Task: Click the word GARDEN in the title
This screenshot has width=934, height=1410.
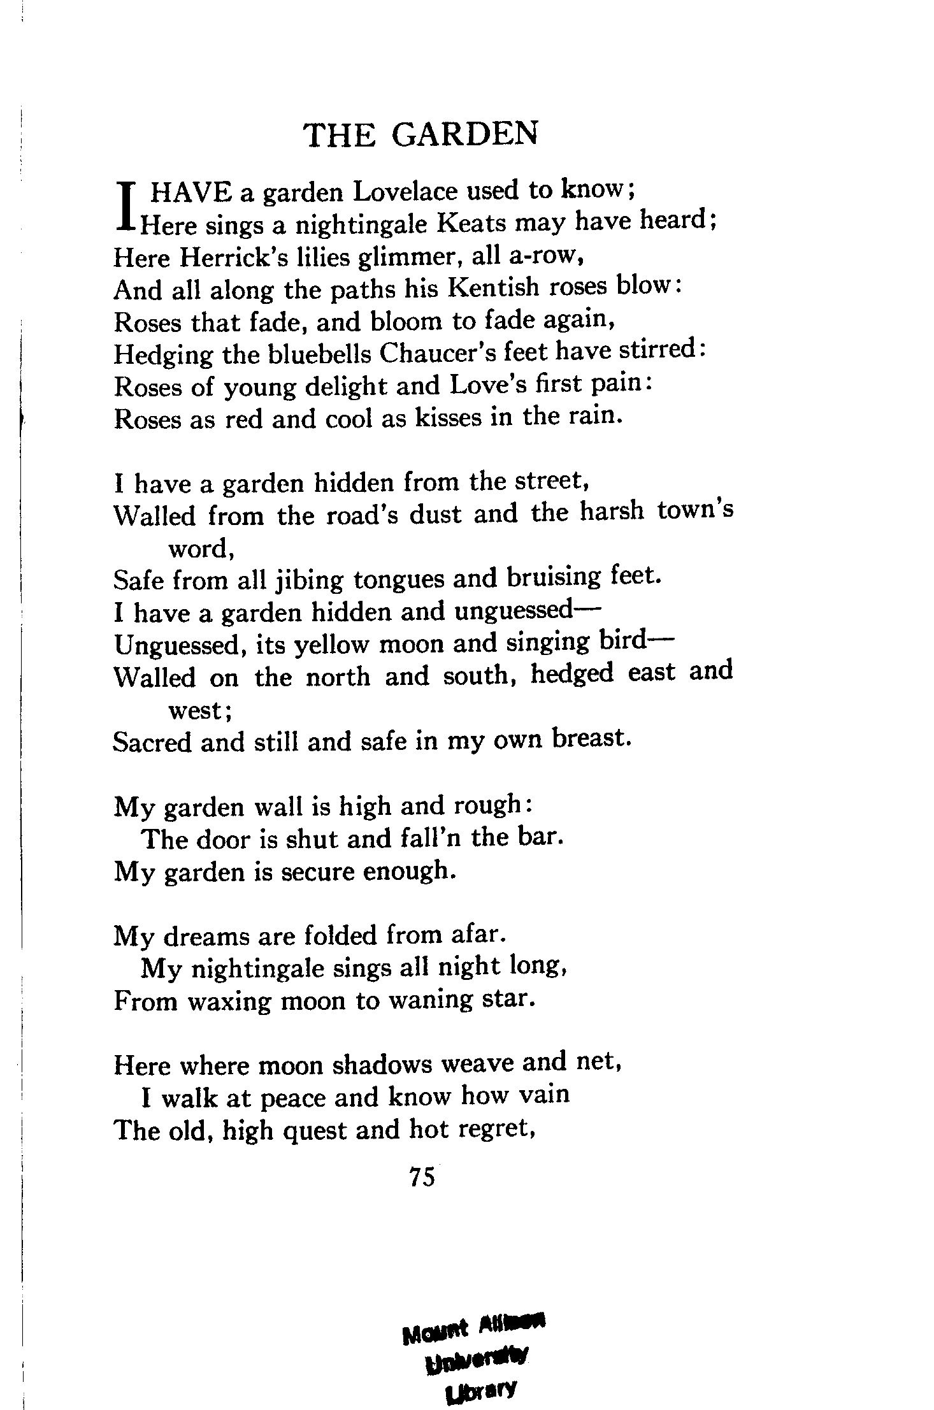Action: (464, 134)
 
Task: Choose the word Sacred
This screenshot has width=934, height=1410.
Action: (152, 742)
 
